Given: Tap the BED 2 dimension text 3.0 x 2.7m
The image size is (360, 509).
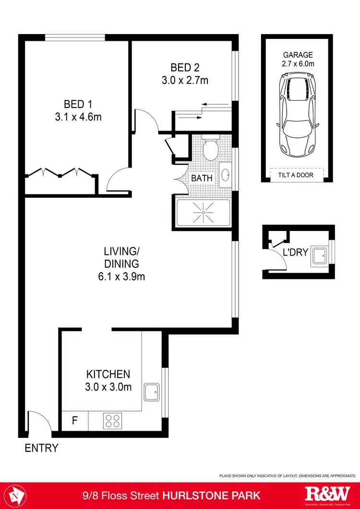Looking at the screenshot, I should click(x=185, y=80).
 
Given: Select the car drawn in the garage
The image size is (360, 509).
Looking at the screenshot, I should click(x=298, y=114).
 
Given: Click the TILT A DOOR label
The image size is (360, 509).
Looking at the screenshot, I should click(x=296, y=175).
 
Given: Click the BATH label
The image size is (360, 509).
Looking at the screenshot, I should click(x=202, y=178).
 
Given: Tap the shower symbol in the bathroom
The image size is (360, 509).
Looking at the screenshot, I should click(x=203, y=212).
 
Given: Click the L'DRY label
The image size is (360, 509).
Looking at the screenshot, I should click(x=295, y=252).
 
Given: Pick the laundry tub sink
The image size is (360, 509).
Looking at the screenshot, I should click(x=319, y=255).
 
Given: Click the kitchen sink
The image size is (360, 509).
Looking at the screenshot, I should click(x=153, y=392).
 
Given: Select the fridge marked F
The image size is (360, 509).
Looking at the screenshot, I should click(x=74, y=421).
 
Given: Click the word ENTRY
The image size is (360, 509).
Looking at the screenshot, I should click(x=42, y=448).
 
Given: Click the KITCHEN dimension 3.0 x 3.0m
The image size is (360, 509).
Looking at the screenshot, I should click(x=108, y=387).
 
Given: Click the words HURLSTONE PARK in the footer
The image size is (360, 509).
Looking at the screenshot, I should click(x=213, y=495).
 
